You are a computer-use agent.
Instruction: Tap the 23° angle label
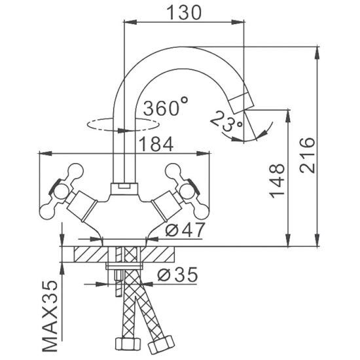226,121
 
